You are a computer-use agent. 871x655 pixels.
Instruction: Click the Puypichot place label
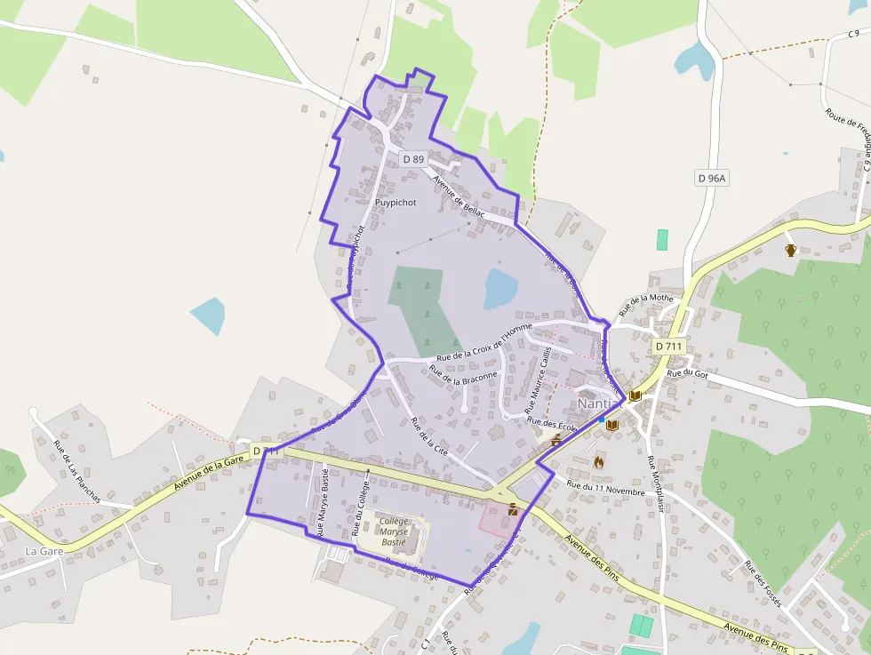click(x=396, y=203)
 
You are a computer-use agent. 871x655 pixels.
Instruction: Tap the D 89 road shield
click(x=413, y=159)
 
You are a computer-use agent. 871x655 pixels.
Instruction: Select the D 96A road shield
click(x=712, y=178)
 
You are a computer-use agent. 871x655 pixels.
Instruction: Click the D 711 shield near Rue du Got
click(x=667, y=346)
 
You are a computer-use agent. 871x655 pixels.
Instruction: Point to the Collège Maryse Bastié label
click(x=392, y=531)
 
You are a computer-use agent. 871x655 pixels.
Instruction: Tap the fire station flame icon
click(x=599, y=461)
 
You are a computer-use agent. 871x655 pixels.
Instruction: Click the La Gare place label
click(x=44, y=551)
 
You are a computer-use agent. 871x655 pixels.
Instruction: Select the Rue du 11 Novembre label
click(x=605, y=487)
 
